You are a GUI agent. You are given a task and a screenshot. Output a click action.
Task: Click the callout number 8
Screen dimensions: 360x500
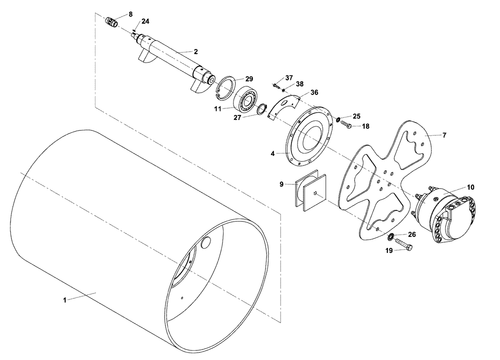point(130,14)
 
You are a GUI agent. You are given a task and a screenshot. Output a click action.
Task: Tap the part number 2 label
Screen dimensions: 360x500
point(196,52)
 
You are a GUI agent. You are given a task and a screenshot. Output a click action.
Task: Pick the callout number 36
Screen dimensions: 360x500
point(314,92)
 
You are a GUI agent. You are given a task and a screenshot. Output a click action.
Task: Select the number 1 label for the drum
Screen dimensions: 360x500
point(64,300)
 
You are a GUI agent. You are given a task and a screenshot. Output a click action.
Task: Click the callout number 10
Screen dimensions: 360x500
point(470,187)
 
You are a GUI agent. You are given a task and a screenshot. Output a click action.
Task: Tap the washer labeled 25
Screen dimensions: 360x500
point(339,119)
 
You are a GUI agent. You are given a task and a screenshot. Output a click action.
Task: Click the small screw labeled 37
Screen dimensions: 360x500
point(275,85)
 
